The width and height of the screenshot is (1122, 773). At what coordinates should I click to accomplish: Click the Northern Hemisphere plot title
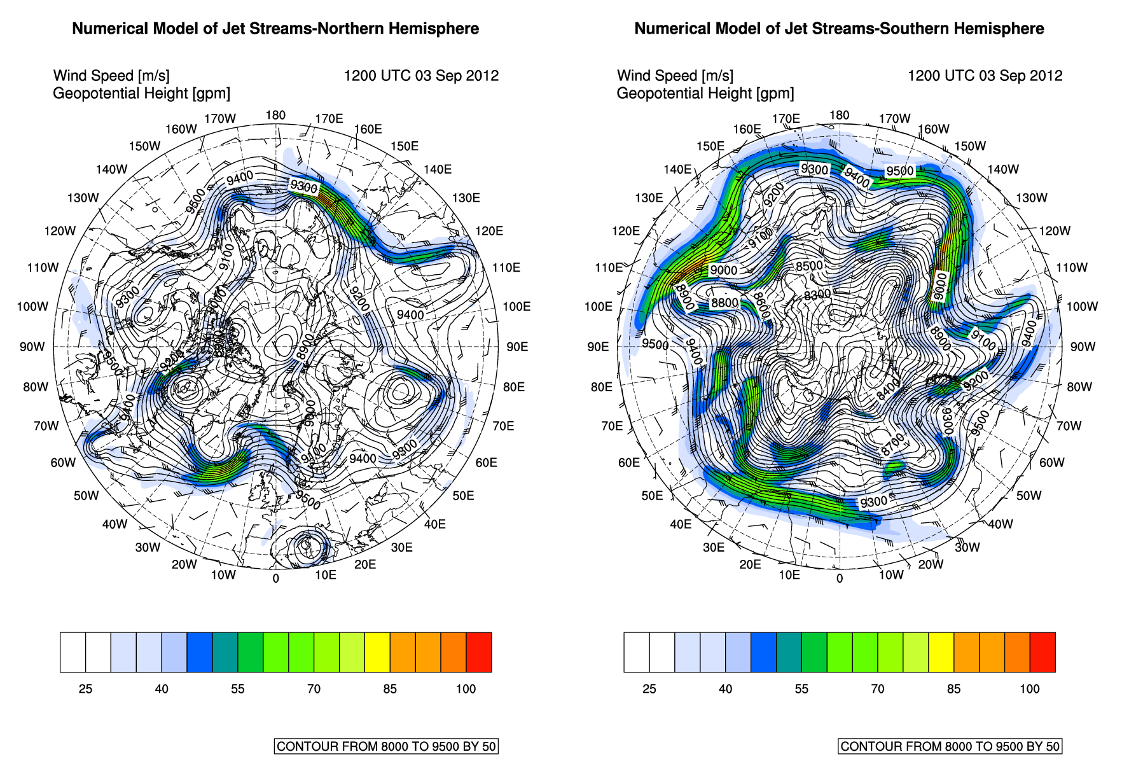[275, 29]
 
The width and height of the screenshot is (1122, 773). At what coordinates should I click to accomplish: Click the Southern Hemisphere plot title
[839, 29]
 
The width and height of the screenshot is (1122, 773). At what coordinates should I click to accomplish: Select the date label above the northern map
[421, 76]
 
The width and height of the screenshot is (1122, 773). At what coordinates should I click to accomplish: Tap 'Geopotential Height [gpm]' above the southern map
[705, 94]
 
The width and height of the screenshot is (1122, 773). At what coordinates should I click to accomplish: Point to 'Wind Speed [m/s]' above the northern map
[111, 76]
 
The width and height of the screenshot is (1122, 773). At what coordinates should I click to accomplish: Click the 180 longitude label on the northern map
[275, 115]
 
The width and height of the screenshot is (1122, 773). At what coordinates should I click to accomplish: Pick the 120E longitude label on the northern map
[489, 231]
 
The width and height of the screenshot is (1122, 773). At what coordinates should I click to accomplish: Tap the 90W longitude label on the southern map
[1083, 347]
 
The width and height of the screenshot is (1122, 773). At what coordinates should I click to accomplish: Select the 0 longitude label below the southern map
[840, 578]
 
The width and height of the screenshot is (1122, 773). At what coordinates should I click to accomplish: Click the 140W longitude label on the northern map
[111, 169]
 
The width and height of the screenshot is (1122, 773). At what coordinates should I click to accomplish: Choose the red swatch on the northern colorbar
[479, 652]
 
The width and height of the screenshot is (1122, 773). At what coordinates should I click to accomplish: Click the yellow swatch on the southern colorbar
[941, 652]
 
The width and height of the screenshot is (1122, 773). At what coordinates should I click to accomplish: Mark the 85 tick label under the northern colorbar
[390, 689]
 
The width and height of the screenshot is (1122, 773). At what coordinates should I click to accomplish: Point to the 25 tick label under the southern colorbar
[649, 689]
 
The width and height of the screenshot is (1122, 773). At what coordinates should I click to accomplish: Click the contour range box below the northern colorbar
[386, 746]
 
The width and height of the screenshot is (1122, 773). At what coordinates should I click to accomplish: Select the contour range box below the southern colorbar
[950, 746]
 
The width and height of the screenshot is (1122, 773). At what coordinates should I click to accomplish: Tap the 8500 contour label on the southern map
[809, 266]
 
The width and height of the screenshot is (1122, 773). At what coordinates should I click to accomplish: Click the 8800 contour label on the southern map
[724, 303]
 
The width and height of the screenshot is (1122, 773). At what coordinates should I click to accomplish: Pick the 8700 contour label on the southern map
[892, 443]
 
